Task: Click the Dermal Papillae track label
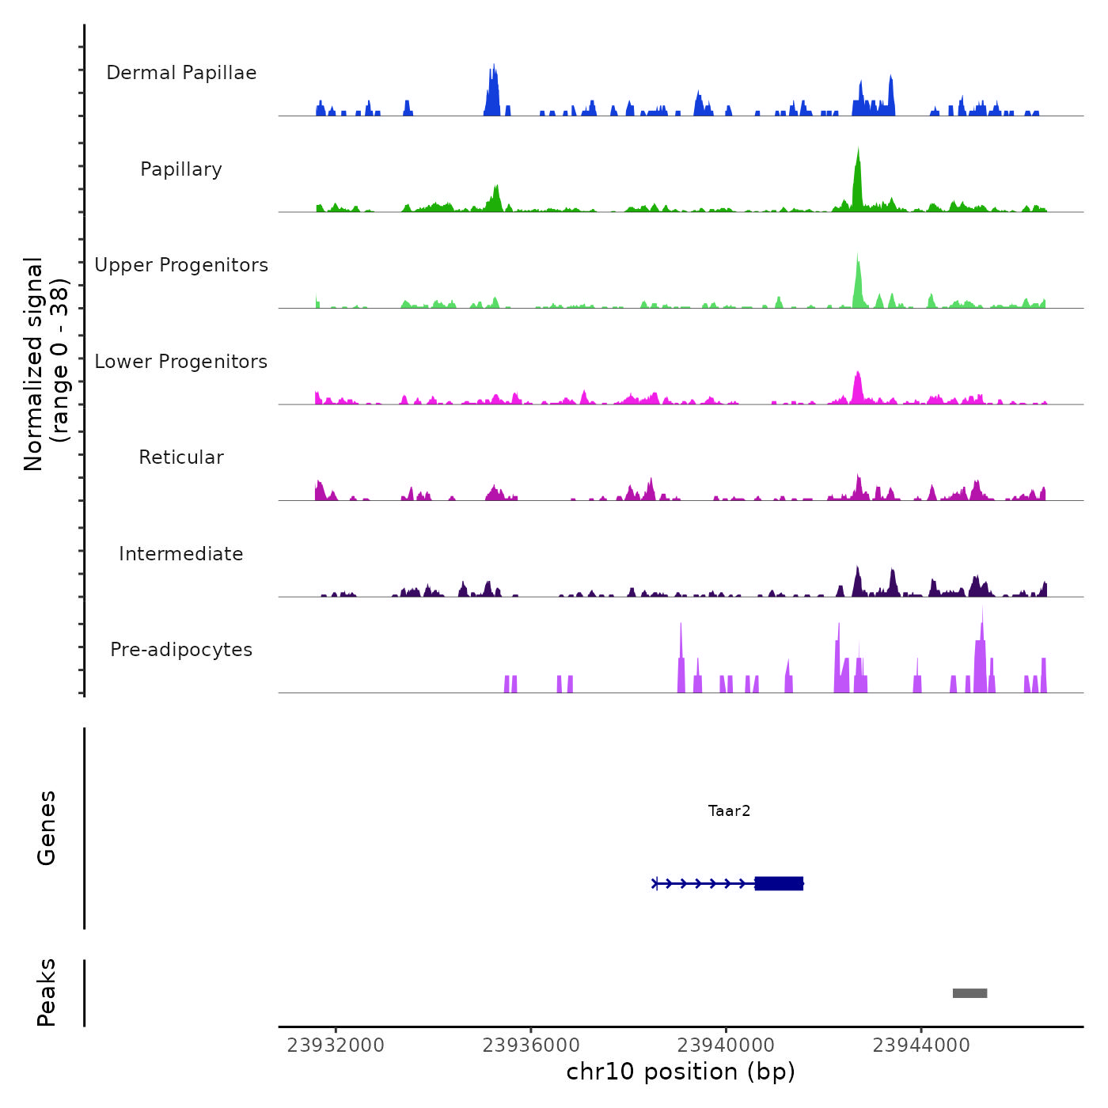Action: click(181, 73)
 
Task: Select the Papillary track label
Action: click(181, 169)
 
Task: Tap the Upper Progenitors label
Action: click(181, 265)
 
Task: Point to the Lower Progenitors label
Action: click(181, 362)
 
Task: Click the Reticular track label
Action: click(181, 457)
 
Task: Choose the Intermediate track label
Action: click(181, 554)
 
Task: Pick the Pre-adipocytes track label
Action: click(181, 650)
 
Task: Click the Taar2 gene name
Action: click(729, 810)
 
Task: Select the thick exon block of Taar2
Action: click(779, 883)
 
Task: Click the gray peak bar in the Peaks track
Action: click(970, 993)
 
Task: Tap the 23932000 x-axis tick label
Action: click(336, 1045)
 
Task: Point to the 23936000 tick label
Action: click(531, 1045)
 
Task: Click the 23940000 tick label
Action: click(727, 1045)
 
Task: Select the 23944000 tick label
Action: click(921, 1045)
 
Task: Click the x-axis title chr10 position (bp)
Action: click(681, 1072)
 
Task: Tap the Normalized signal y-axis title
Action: click(46, 364)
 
